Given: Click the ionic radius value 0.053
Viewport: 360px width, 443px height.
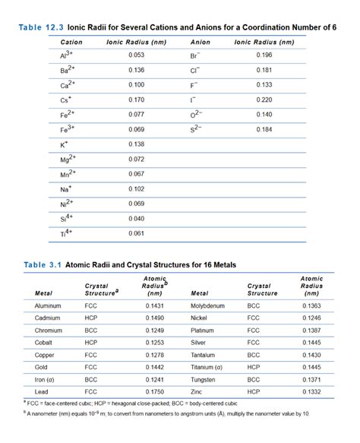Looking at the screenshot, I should pyautogui.click(x=137, y=55).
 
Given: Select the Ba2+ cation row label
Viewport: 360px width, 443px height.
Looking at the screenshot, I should pyautogui.click(x=68, y=70).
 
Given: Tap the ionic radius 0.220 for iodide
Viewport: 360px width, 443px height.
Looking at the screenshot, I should pyautogui.click(x=264, y=100).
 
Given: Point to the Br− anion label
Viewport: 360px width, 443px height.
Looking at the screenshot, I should pyautogui.click(x=195, y=55).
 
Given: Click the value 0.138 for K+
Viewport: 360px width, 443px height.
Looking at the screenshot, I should pyautogui.click(x=137, y=144).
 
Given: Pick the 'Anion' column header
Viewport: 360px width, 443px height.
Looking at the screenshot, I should pyautogui.click(x=200, y=43).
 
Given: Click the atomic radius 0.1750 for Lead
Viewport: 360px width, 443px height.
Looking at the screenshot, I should pyautogui.click(x=154, y=391).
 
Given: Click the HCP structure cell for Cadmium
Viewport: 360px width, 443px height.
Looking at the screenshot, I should pyautogui.click(x=92, y=318).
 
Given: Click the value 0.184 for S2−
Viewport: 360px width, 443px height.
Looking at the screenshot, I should pyautogui.click(x=264, y=129).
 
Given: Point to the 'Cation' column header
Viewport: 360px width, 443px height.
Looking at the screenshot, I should pyautogui.click(x=71, y=43).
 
